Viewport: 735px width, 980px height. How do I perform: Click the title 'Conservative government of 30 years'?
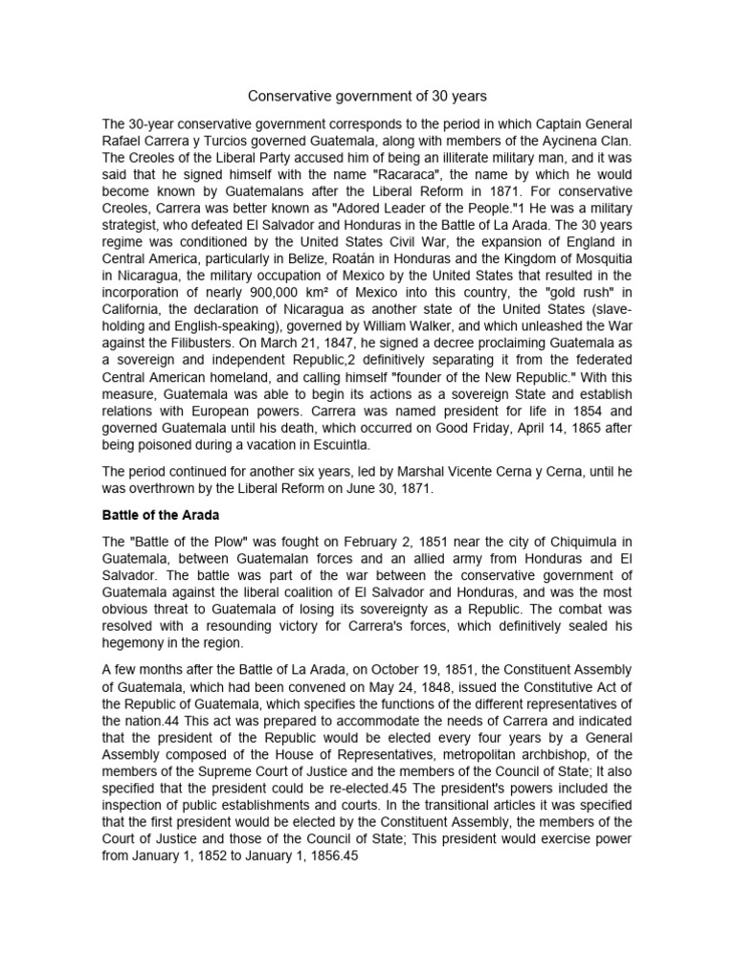point(367,96)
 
